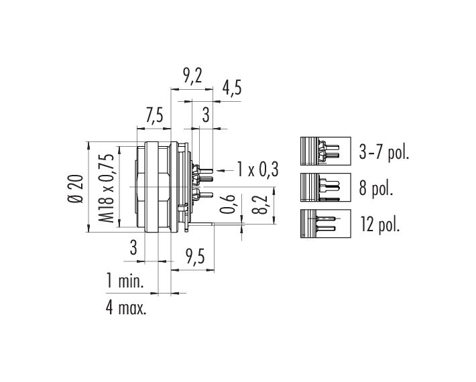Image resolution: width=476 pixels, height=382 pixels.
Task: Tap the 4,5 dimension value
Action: [232, 88]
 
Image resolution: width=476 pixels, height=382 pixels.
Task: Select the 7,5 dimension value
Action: [154, 116]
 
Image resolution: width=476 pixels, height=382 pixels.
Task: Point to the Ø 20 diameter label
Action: [74, 188]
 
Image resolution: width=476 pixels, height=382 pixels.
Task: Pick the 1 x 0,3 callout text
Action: [257, 170]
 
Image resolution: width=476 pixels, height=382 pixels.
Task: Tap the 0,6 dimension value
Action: [227, 204]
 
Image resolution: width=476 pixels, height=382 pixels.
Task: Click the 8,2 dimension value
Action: [259, 204]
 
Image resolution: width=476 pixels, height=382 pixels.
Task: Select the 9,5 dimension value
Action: [195, 257]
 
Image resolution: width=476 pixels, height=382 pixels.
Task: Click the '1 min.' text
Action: [125, 280]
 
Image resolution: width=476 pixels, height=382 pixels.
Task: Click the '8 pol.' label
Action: [376, 188]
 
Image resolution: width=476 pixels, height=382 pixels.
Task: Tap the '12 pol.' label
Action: [380, 225]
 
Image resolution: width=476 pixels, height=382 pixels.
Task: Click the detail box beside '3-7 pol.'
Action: [326, 151]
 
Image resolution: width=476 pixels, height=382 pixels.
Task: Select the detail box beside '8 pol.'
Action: [326, 187]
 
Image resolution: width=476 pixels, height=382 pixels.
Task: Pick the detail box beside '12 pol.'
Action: [326, 224]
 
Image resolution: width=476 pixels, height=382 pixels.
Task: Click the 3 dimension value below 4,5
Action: [206, 115]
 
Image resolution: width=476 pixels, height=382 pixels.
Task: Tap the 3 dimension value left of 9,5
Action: [133, 247]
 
